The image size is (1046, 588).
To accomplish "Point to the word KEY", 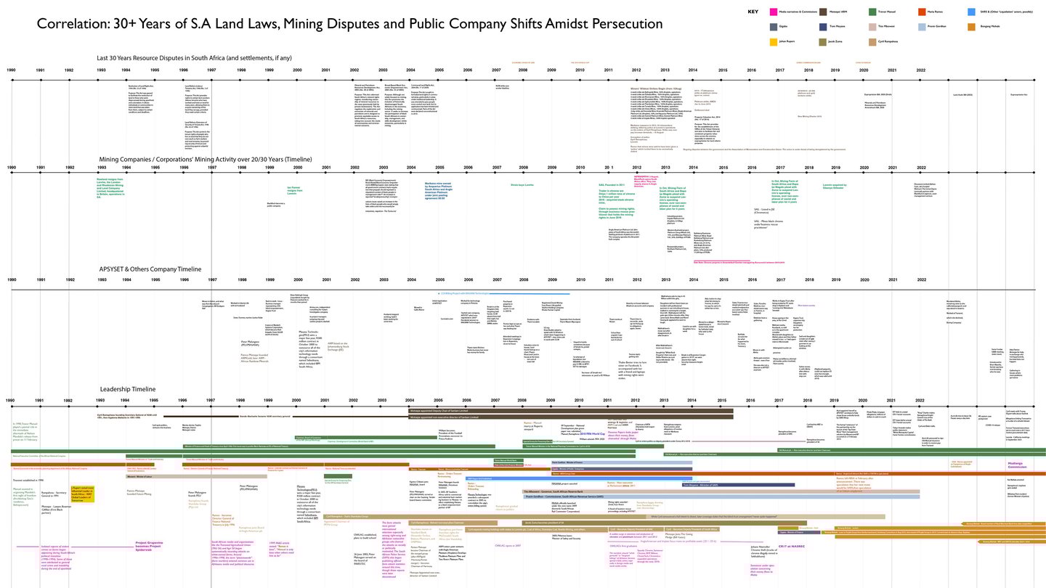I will (x=753, y=12).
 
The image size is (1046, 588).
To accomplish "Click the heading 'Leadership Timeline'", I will (x=128, y=389).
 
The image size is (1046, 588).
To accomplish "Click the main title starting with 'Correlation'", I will (x=349, y=24).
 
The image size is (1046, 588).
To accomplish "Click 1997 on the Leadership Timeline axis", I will (x=210, y=400).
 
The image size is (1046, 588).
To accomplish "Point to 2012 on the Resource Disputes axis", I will (x=636, y=70).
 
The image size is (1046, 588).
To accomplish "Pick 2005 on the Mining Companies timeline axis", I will (x=439, y=168).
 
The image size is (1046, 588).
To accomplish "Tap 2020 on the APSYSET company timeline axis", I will (x=863, y=279).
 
